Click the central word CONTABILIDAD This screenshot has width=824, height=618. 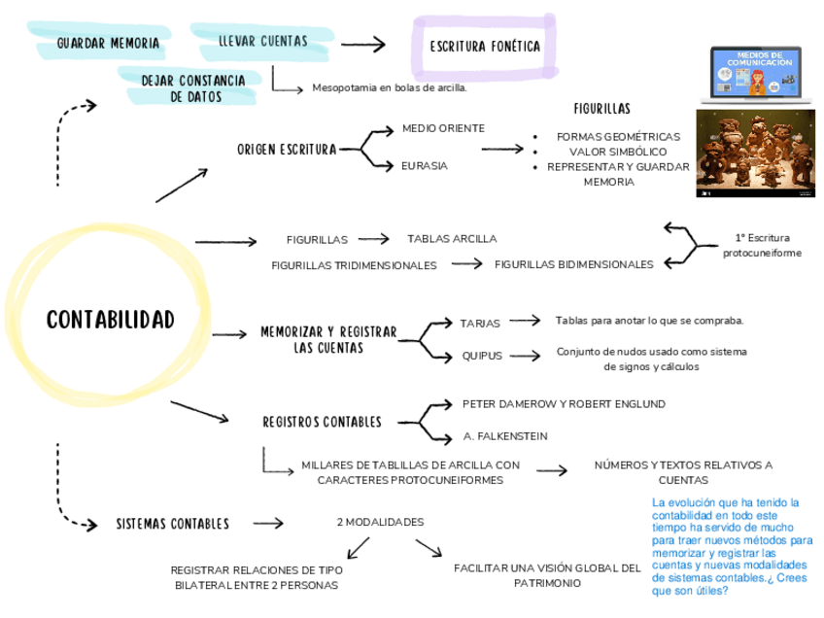pos(110,320)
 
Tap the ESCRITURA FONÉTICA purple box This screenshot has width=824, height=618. pos(484,47)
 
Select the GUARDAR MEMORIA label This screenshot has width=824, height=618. pos(108,43)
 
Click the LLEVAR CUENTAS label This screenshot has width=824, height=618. pos(262,41)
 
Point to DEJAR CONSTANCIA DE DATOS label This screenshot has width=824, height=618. pos(193,88)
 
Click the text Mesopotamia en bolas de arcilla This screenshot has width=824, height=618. pos(389,87)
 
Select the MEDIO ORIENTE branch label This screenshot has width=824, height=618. pos(443,128)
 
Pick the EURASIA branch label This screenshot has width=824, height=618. pos(425,166)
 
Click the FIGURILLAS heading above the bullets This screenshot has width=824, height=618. pos(601,108)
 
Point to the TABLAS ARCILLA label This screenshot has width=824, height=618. pos(452,238)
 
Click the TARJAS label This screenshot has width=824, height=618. pos(480,323)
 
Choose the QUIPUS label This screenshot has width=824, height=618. pos(482,356)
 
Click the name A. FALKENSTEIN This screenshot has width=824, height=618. pos(505,435)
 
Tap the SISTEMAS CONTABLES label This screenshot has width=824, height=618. pos(172,524)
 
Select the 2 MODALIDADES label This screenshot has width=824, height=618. pos(380,522)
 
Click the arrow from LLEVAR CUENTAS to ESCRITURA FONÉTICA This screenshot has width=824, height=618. pos(362,44)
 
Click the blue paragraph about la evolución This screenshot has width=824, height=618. pos(733,545)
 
